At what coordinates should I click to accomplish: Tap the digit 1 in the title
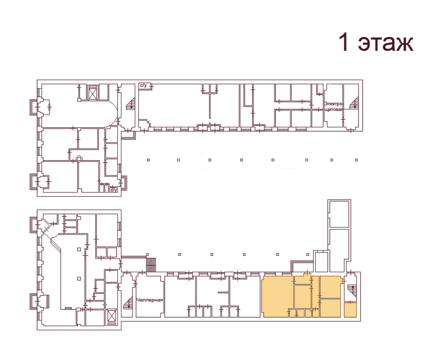tap(343, 42)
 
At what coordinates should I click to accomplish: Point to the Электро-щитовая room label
tap(333, 106)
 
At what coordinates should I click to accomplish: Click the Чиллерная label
tap(149, 300)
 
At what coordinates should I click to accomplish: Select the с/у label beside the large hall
tap(144, 86)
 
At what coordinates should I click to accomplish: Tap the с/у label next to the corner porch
tap(114, 190)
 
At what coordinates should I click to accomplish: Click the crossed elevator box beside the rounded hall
tap(93, 93)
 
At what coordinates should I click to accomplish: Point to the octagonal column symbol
tap(79, 159)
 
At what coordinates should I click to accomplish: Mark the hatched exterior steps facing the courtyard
tap(151, 265)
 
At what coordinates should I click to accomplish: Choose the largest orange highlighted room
tap(277, 296)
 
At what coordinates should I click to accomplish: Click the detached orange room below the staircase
tap(350, 310)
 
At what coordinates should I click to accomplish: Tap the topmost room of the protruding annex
tap(339, 214)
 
